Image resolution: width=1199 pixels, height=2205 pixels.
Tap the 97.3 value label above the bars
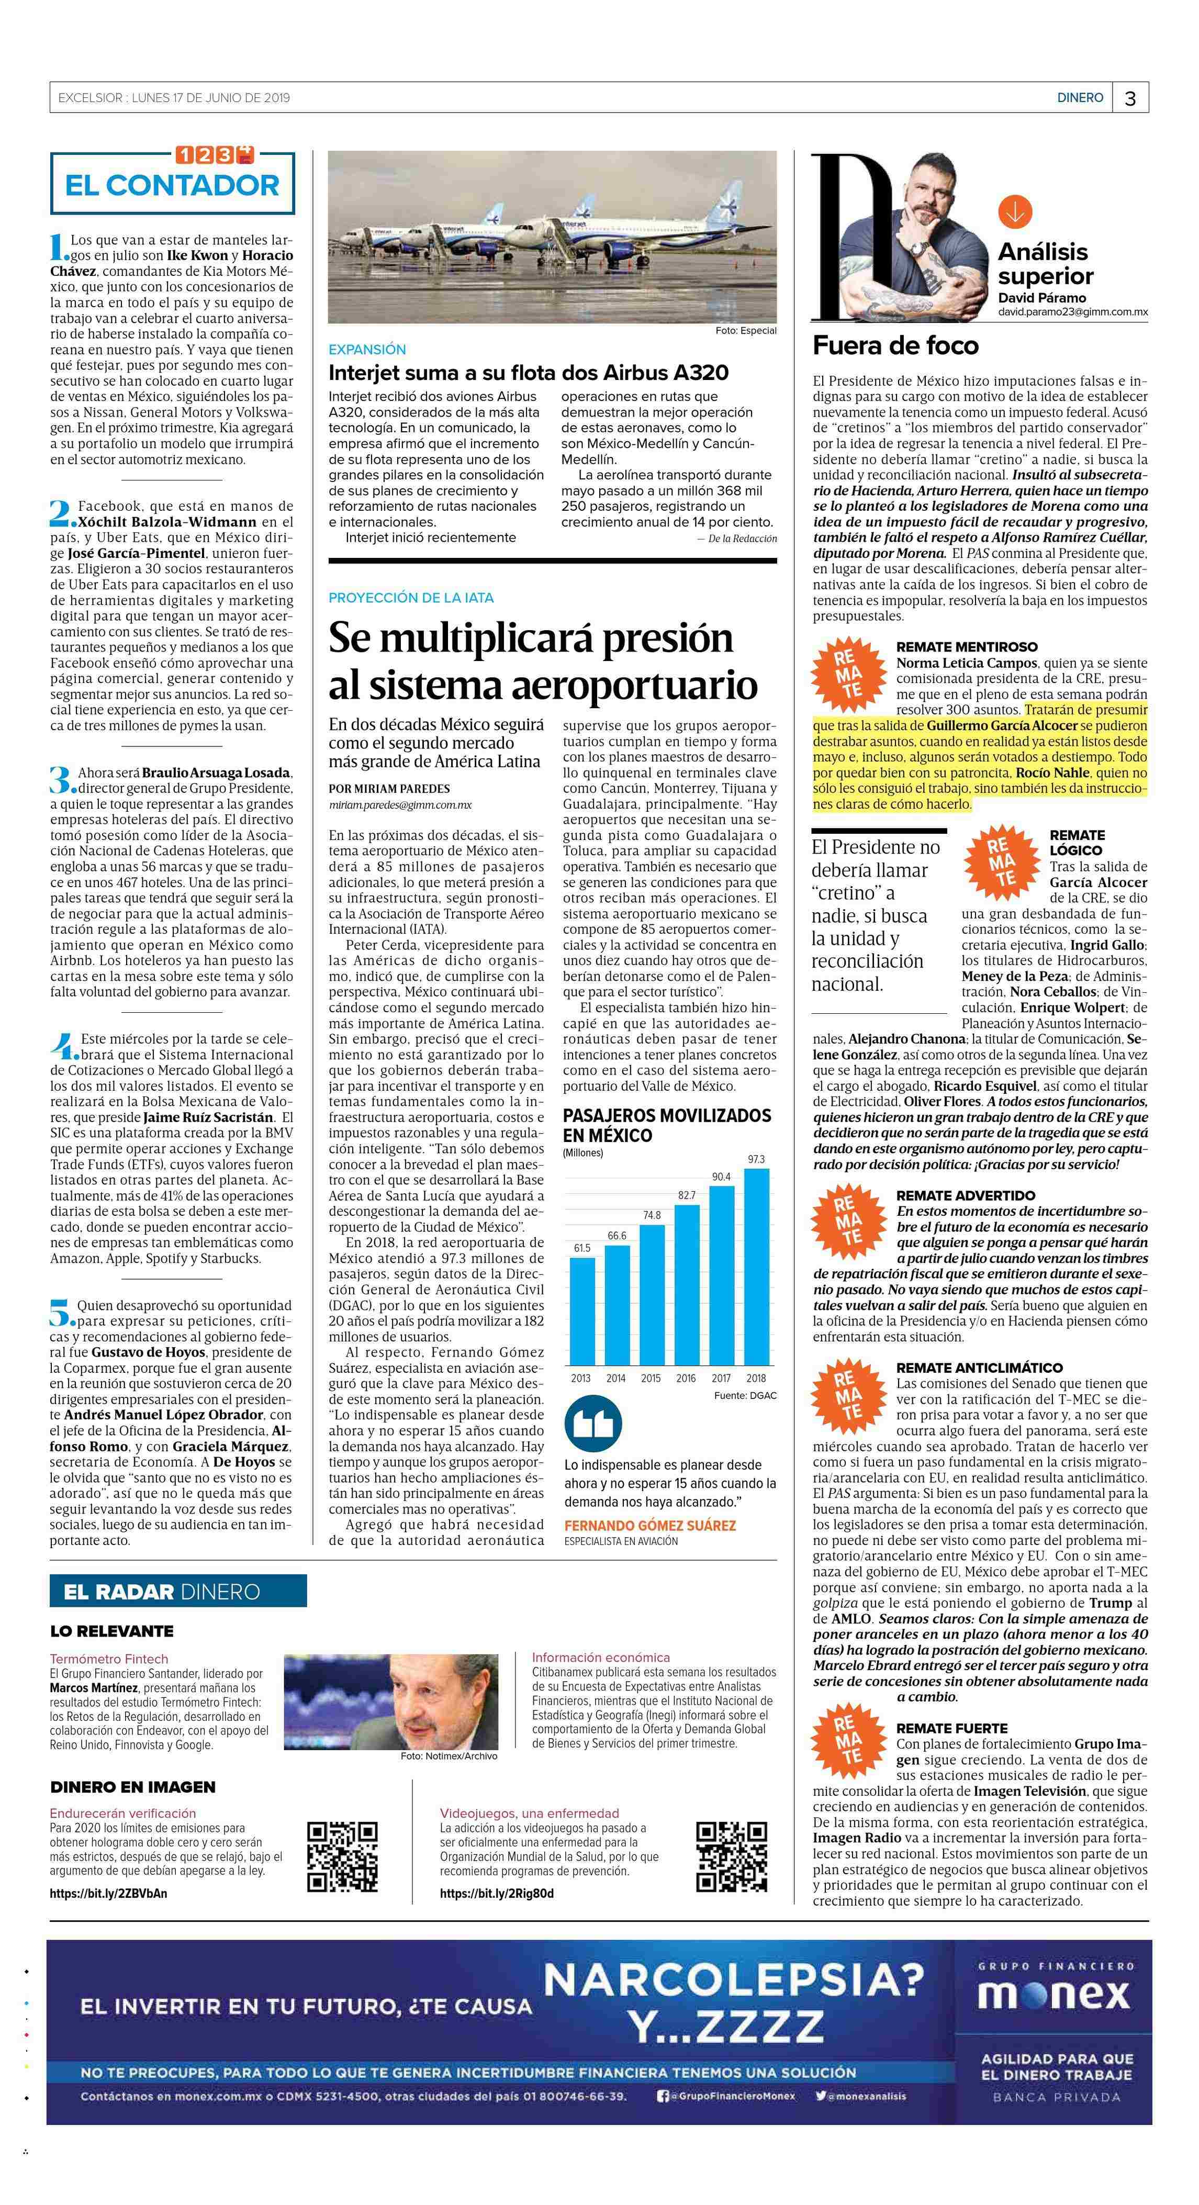(x=756, y=1159)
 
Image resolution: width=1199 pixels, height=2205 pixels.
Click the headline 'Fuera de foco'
(x=895, y=346)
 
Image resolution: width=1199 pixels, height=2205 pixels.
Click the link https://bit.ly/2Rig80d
(x=496, y=1894)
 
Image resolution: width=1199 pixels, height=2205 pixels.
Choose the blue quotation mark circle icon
(x=593, y=1424)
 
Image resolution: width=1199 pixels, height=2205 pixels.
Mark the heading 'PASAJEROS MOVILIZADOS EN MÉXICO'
(x=667, y=1125)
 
